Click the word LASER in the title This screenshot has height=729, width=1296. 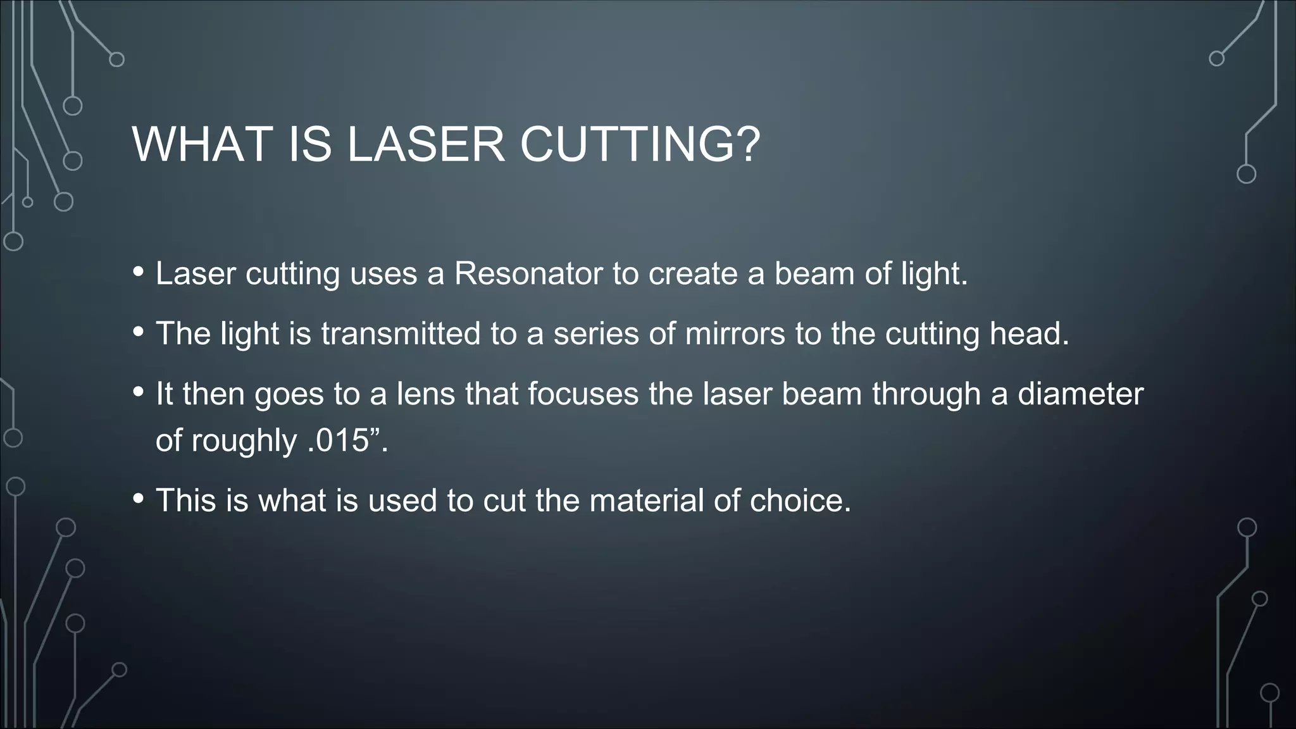pyautogui.click(x=426, y=145)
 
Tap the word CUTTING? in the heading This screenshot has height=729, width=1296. pyautogui.click(x=640, y=145)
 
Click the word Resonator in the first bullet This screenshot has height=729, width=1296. pyautogui.click(x=528, y=273)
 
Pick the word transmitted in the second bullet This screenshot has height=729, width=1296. pyautogui.click(x=401, y=333)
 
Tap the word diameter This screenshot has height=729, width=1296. pyautogui.click(x=1080, y=394)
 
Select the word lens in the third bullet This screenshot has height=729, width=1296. pyautogui.click(x=426, y=394)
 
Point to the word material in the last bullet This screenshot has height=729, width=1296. pyautogui.click(x=646, y=501)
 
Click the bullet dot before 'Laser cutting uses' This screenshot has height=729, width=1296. pyautogui.click(x=139, y=272)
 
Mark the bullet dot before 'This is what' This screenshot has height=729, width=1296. pyautogui.click(x=139, y=499)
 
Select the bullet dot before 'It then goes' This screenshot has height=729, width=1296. pyautogui.click(x=139, y=392)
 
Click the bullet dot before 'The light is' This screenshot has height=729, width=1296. pyautogui.click(x=139, y=332)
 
